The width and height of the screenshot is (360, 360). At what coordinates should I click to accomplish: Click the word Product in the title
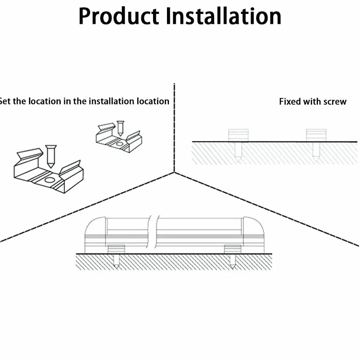click(x=119, y=16)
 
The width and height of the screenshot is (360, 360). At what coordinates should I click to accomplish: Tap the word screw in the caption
click(x=335, y=102)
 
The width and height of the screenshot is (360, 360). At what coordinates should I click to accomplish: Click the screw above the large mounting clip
click(x=51, y=156)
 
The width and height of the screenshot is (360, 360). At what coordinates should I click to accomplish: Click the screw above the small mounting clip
click(x=120, y=128)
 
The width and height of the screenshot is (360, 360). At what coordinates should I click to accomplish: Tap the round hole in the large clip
click(x=50, y=179)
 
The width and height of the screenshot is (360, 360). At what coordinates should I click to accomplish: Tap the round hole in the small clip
click(x=120, y=144)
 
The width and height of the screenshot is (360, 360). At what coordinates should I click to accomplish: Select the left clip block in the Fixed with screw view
click(x=238, y=135)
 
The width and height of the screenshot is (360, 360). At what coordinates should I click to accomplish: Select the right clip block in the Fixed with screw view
click(x=316, y=135)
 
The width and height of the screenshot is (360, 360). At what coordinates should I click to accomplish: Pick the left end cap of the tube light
click(x=95, y=235)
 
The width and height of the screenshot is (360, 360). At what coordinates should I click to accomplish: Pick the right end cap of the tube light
click(x=254, y=235)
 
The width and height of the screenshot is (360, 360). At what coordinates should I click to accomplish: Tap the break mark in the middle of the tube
click(x=152, y=232)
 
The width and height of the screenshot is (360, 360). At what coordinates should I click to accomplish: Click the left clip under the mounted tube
click(x=116, y=249)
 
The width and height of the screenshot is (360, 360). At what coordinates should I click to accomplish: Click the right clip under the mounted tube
click(x=233, y=249)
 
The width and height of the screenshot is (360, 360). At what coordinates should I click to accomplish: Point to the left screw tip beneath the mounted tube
click(x=116, y=268)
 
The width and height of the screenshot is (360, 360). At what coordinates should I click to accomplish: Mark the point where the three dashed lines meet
click(x=174, y=172)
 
